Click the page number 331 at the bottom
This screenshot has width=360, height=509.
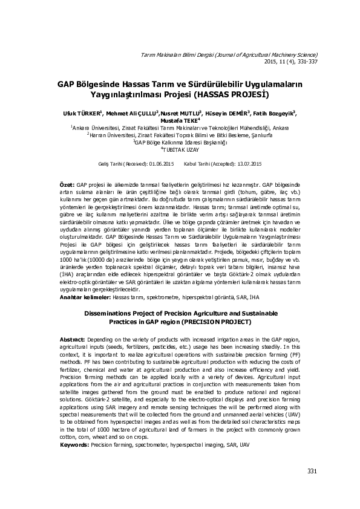pos(312,471)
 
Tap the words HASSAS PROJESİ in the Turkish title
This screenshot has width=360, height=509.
pos(232,96)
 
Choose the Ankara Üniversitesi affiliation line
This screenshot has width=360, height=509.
pos(180,128)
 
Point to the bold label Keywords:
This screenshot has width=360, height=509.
pos(74,444)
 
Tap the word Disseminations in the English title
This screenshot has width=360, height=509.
pos(107,314)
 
